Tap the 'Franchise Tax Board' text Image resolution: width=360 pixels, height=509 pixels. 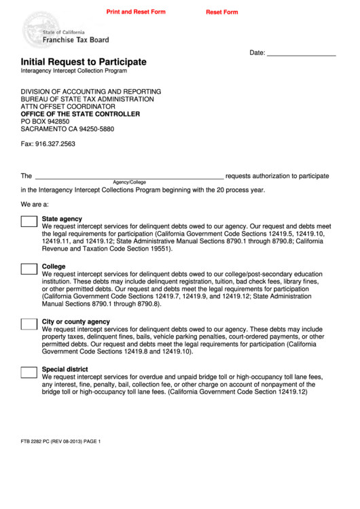coord(75,40)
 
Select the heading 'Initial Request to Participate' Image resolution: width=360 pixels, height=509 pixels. coord(84,62)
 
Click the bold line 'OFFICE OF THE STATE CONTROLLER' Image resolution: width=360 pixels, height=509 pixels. coord(80,113)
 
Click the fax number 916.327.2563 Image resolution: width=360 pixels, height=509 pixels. coord(48,144)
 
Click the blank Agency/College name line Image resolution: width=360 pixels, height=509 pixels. coord(129,175)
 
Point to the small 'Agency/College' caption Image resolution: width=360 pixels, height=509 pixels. coord(129,182)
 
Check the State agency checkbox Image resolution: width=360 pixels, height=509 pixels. coord(29,222)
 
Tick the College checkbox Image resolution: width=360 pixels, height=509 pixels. coord(29,269)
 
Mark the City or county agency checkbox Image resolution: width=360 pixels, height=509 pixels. coord(29,324)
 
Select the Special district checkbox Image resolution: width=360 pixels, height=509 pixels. coord(29,372)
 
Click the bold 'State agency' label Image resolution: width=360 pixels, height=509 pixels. coord(62,219)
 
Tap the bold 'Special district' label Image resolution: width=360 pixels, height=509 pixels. coord(65,369)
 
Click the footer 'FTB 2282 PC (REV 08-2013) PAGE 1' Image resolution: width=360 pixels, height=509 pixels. coord(60,442)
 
